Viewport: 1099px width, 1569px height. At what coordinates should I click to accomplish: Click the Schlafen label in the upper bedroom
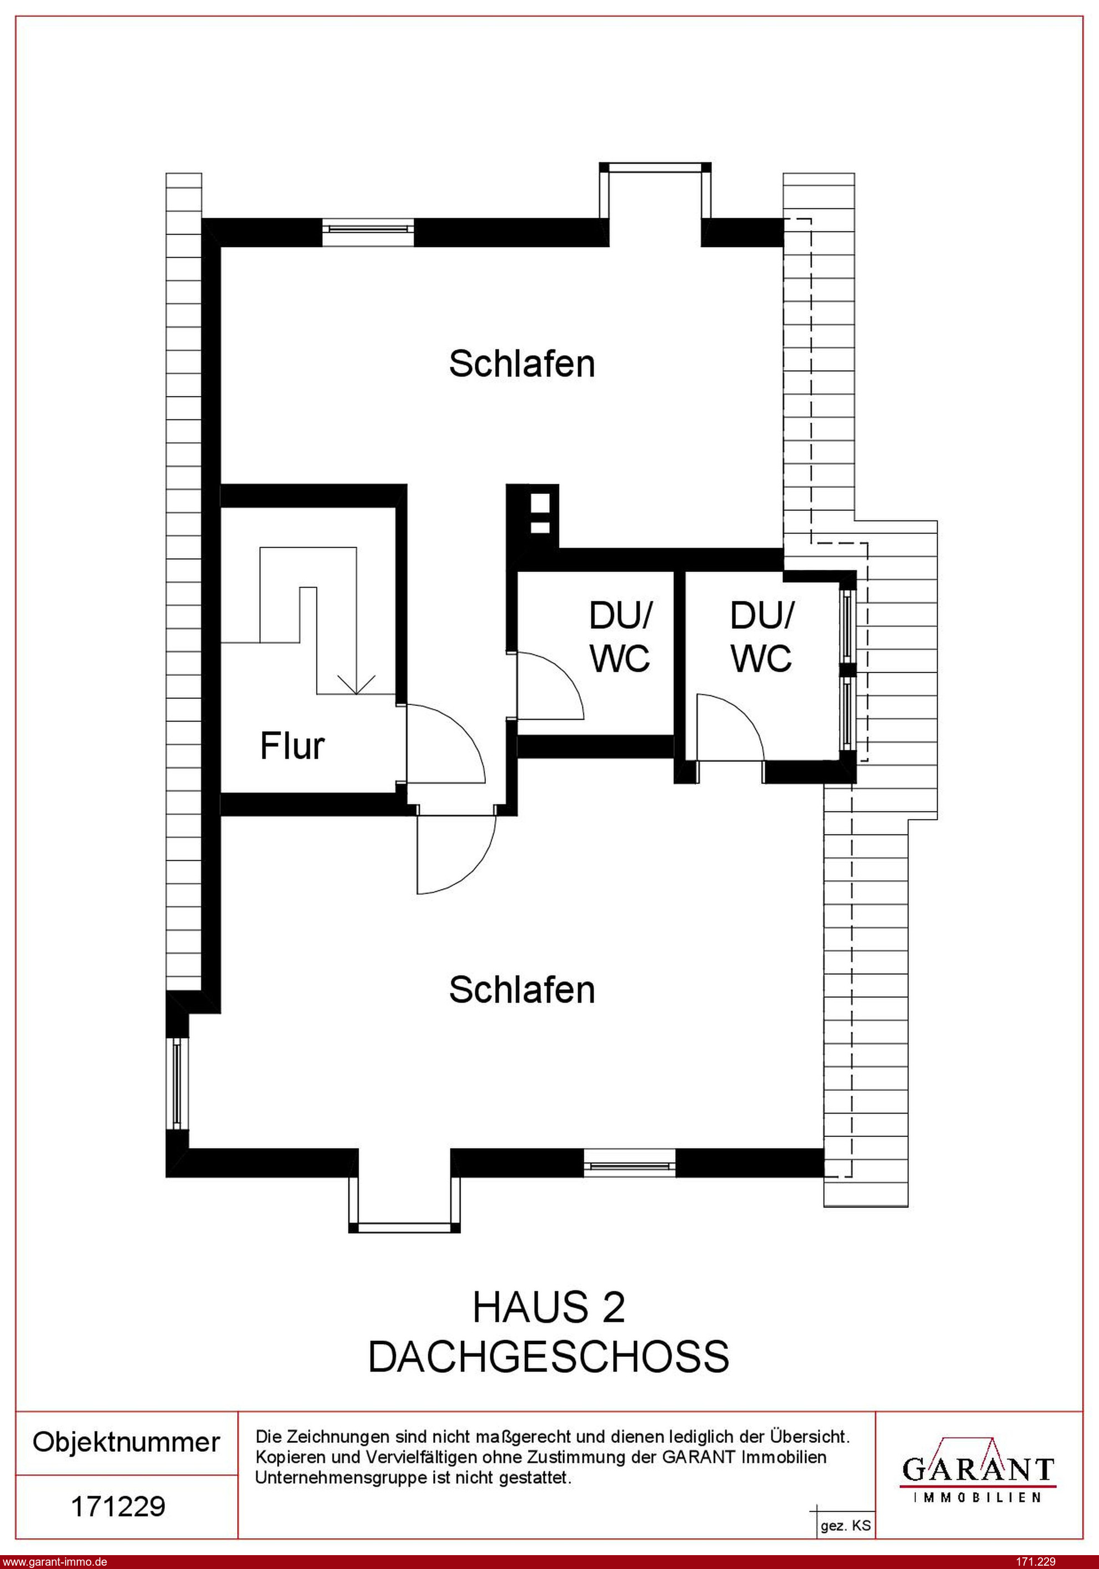[x=521, y=364]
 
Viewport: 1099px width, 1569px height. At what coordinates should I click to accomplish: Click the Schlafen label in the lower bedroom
[x=521, y=990]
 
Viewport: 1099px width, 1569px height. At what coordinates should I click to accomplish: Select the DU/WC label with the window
[x=761, y=637]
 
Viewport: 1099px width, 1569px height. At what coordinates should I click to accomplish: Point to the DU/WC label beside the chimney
[x=620, y=637]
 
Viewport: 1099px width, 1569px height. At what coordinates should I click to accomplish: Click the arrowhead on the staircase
[x=357, y=684]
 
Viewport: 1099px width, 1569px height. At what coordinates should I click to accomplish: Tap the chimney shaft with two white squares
[x=533, y=517]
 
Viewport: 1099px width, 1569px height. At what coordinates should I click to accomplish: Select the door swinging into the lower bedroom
[x=456, y=854]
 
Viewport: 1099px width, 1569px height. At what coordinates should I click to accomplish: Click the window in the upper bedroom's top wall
[x=368, y=232]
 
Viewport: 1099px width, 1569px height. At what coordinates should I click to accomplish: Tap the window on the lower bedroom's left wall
[x=177, y=1084]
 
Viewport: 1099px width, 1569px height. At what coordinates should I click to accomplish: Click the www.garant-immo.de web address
[x=54, y=1562]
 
